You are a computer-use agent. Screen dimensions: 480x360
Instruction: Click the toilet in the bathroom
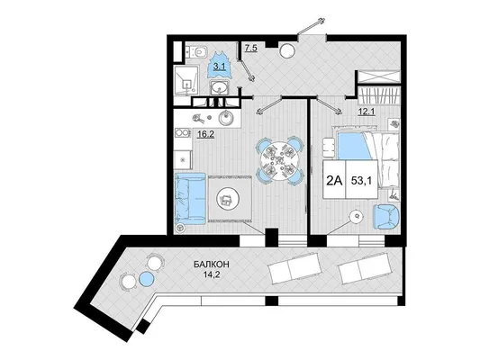click(x=197, y=52)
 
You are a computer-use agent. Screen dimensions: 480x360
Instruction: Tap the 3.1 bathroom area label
click(x=220, y=67)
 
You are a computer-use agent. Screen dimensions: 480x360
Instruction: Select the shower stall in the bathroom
click(x=186, y=80)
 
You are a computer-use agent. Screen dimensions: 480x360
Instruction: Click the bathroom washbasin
click(x=219, y=88)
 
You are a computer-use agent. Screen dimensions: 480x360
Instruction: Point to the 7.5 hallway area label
click(x=250, y=48)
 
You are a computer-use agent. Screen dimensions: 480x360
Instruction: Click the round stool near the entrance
click(x=287, y=50)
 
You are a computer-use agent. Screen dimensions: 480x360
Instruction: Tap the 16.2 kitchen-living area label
click(x=205, y=134)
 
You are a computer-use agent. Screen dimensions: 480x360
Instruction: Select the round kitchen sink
click(x=226, y=118)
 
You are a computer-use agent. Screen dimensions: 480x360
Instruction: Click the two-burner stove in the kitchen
click(x=183, y=133)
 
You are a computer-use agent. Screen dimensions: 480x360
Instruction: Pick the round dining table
click(x=280, y=160)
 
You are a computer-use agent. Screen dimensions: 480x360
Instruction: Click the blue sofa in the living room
click(x=190, y=199)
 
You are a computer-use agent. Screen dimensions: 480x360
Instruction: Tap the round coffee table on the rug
click(x=227, y=200)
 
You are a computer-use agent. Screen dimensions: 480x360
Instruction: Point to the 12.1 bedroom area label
click(x=367, y=112)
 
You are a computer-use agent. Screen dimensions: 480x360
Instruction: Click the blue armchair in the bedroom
click(x=386, y=217)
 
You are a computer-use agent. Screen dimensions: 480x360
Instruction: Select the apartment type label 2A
click(x=334, y=181)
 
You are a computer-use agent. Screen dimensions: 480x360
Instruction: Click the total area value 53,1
click(x=361, y=181)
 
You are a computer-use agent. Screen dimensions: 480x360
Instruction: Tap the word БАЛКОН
click(x=212, y=264)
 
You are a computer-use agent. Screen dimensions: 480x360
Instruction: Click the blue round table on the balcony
click(x=146, y=279)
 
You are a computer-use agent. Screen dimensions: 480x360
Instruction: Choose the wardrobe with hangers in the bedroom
click(x=379, y=95)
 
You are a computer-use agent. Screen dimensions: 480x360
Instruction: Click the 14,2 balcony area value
click(x=212, y=274)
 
